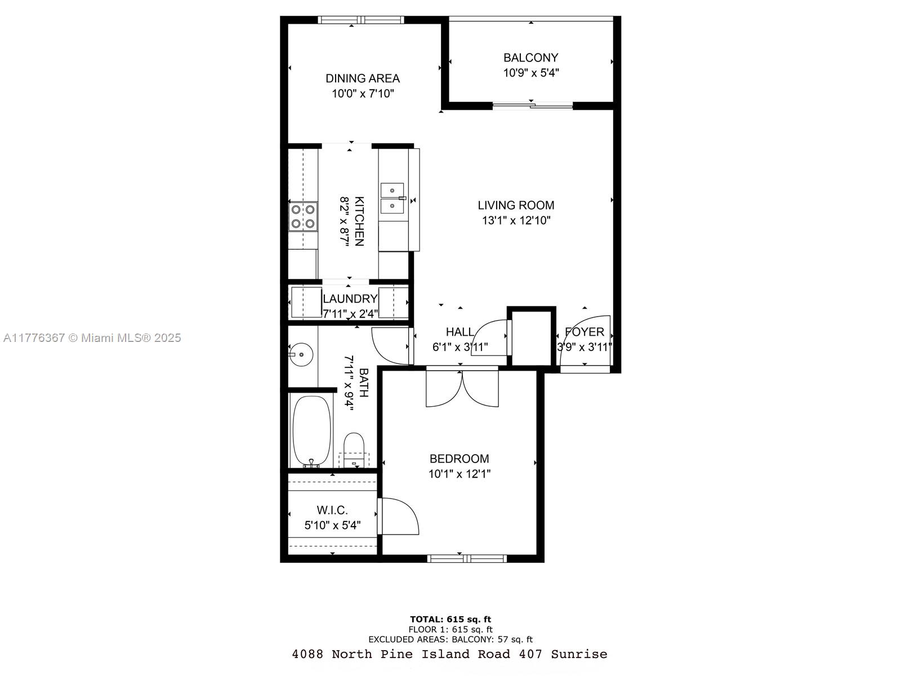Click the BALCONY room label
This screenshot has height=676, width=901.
531,57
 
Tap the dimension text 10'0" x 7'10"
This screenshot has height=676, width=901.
363,94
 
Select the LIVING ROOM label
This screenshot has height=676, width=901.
516,205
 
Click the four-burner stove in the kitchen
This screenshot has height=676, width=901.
303,216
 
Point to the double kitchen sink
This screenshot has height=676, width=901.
392,199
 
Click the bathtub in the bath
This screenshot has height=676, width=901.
311,430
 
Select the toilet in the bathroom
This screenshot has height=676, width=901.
354,449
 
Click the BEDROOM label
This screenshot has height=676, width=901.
460,459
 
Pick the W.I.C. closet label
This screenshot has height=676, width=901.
332,510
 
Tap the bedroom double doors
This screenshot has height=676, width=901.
462,388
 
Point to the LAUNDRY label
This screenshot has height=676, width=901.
350,299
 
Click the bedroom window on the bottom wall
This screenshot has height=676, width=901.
467,558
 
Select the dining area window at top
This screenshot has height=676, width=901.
361,20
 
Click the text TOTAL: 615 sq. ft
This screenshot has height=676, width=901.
450,619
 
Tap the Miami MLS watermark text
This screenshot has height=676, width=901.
92,338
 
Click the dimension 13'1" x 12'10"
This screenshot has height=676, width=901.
516,220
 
